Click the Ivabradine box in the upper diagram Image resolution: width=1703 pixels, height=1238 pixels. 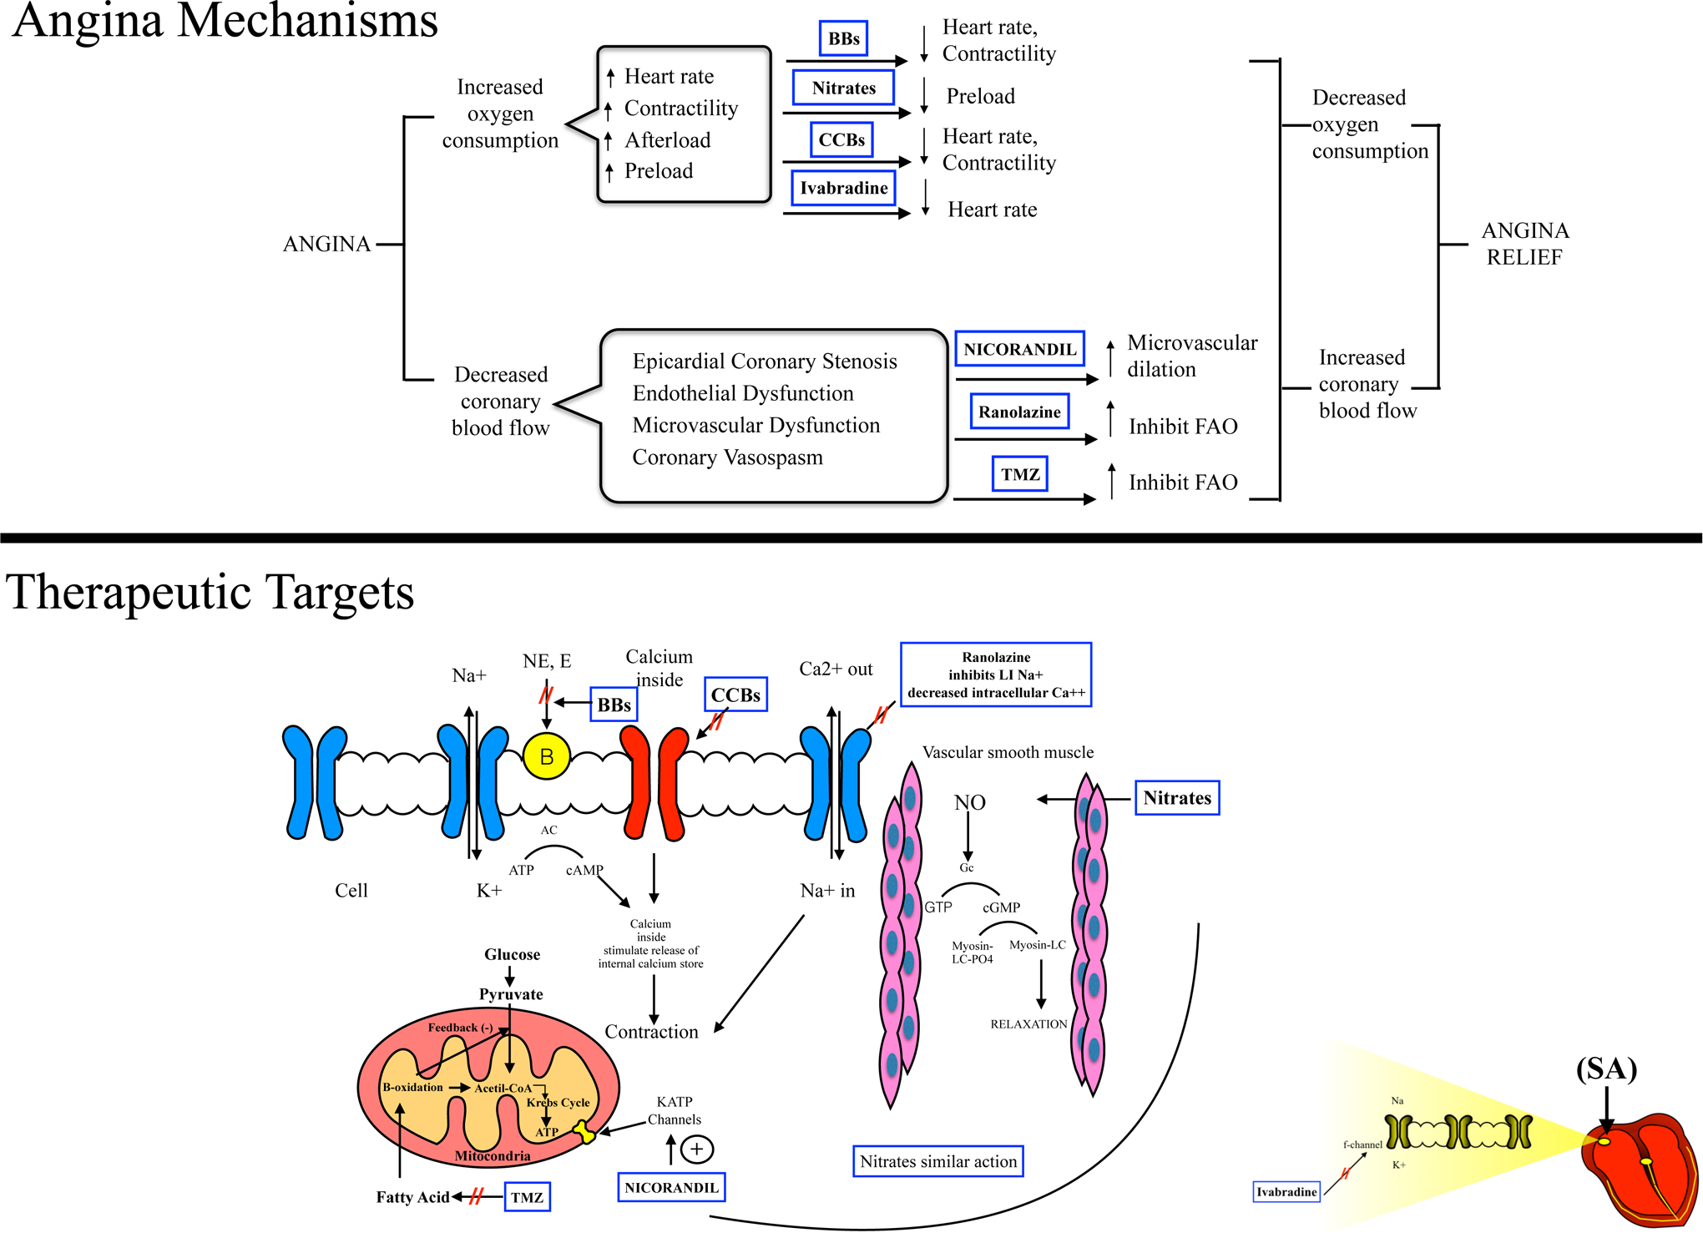[x=843, y=188]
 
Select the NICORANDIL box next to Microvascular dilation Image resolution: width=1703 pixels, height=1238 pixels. [x=1019, y=349]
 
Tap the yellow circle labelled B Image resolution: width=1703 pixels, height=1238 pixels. [x=547, y=756]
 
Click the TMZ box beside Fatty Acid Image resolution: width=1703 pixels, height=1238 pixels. [x=527, y=1197]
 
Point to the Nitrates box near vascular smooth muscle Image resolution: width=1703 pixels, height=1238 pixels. [x=1177, y=798]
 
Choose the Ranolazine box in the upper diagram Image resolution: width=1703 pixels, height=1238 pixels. [x=1019, y=412]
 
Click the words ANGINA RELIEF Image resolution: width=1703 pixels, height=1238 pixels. [x=1525, y=244]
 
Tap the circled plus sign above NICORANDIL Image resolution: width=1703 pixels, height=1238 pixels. [x=697, y=1150]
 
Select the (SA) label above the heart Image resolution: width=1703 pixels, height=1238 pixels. [x=1606, y=1069]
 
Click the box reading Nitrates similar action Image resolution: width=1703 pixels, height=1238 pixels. [x=938, y=1161]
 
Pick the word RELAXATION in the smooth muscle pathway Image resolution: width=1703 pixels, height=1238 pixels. [x=1028, y=1024]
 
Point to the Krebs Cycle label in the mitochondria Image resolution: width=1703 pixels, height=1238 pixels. [x=558, y=1103]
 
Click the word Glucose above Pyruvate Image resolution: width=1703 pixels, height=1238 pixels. [x=512, y=954]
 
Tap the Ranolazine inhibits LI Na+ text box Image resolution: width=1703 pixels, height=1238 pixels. [x=996, y=675]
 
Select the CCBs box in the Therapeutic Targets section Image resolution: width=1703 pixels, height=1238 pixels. [x=735, y=695]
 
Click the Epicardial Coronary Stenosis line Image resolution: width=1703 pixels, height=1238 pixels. [x=765, y=361]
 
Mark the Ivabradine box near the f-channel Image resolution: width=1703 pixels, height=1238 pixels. [x=1286, y=1191]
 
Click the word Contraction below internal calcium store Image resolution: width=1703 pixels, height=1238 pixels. [x=651, y=1032]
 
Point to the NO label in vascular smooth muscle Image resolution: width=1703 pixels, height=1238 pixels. [x=969, y=802]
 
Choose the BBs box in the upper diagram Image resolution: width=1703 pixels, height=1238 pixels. [x=843, y=38]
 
